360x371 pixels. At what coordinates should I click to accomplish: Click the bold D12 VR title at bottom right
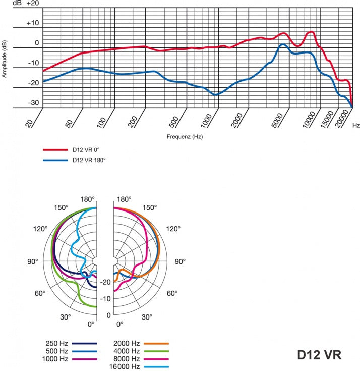click(x=319, y=354)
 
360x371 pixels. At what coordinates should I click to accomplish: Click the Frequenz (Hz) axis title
click(x=185, y=137)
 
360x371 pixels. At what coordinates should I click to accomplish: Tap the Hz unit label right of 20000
click(x=356, y=124)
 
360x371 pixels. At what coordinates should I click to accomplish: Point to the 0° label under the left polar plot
click(x=91, y=324)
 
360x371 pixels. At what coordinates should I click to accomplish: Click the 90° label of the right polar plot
click(x=180, y=261)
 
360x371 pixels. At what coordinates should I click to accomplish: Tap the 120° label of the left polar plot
click(x=40, y=229)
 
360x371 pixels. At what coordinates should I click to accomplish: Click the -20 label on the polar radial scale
click(x=105, y=282)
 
